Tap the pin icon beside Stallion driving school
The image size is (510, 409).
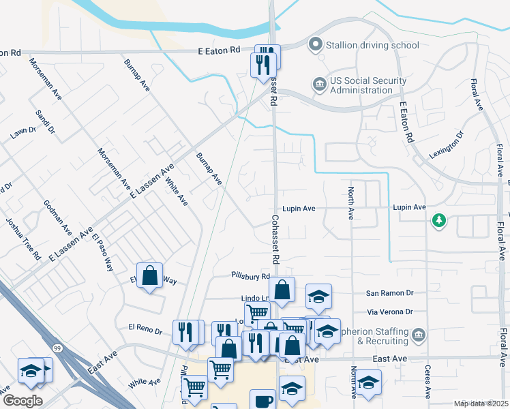coord(315,46)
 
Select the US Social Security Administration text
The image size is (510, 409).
coord(361,85)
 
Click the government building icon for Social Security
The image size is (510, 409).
coord(318,85)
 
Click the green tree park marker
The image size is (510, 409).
coord(438,221)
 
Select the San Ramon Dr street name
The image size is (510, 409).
coord(390,292)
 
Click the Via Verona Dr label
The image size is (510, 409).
coord(390,312)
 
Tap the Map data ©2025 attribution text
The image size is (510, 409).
coord(481,404)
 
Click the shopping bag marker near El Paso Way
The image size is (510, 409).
coord(149,276)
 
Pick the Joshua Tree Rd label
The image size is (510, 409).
coord(22,240)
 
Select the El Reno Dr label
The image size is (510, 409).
coord(140,331)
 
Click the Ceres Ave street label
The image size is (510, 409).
coord(427,382)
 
